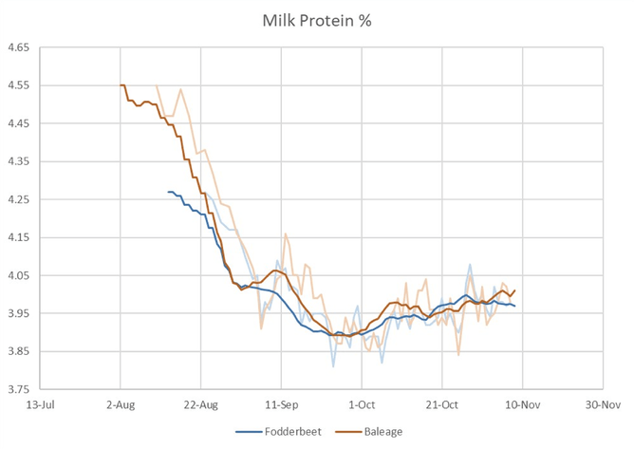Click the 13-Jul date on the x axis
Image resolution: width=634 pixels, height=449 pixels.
tap(41, 402)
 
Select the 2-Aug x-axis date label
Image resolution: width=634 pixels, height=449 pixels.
tap(121, 402)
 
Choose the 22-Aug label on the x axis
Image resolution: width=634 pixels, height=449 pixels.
tap(201, 402)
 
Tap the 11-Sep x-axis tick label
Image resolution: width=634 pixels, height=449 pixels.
tap(282, 402)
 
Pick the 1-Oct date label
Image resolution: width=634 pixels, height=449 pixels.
tap(362, 402)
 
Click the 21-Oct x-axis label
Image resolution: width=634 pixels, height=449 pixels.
tap(442, 402)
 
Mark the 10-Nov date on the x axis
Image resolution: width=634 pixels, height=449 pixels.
tap(522, 402)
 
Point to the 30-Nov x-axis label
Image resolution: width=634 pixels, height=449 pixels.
tap(603, 402)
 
